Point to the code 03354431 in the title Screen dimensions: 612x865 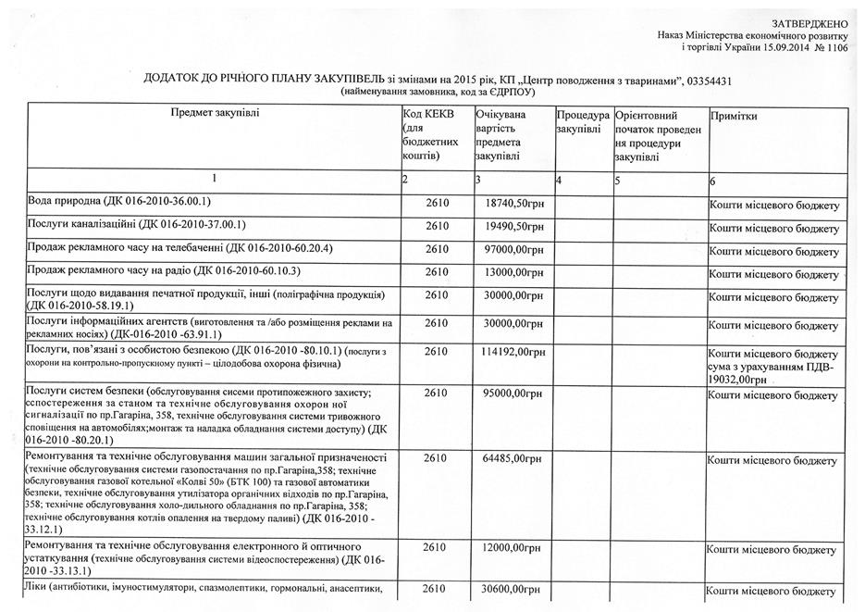tap(711, 81)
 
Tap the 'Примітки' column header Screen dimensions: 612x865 tap(734, 117)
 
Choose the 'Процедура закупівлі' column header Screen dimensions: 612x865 tap(583, 122)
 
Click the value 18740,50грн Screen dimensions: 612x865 tap(514, 203)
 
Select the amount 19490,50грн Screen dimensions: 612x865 tap(514, 227)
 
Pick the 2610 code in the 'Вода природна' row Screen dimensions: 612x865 tap(436, 203)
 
